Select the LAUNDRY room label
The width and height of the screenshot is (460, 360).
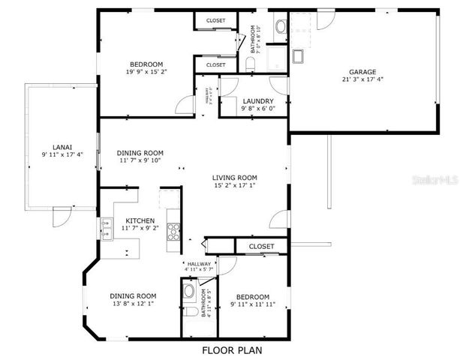pyautogui.click(x=258, y=100)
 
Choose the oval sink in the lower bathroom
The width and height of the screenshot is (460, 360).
pyautogui.click(x=189, y=290)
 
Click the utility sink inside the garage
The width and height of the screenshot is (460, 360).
pyautogui.click(x=299, y=55)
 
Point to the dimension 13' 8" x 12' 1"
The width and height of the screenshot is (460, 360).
pyautogui.click(x=133, y=304)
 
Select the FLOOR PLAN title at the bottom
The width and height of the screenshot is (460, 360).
pyautogui.click(x=231, y=350)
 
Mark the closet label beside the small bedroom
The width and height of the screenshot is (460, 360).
pyautogui.click(x=261, y=246)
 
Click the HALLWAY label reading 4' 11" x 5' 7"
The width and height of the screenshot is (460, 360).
pyautogui.click(x=199, y=267)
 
